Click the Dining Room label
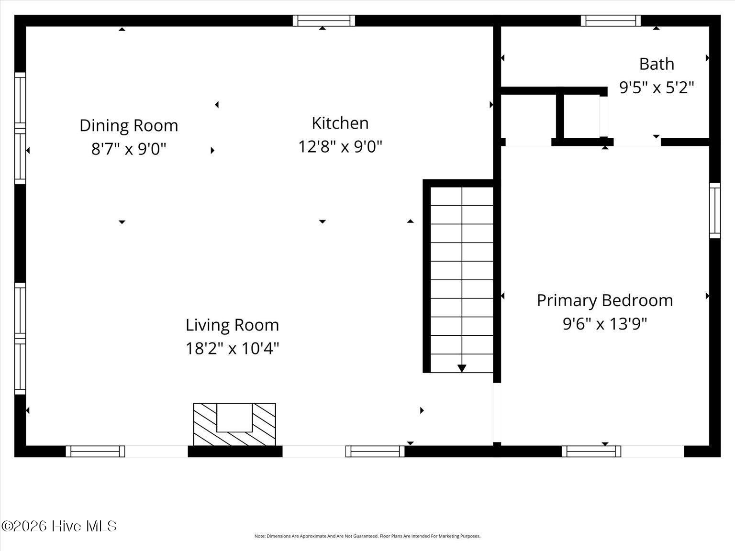pos(129,125)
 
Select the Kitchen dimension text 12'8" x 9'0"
pos(340,146)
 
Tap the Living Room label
pos(232,325)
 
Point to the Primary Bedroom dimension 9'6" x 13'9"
pos(605,324)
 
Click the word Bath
pos(657,64)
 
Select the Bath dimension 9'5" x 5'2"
pos(657,88)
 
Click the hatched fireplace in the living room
pos(234,425)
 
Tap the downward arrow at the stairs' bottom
pos(462,368)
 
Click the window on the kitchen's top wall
pos(324,21)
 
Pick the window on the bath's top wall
pos(611,21)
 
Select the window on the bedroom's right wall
pos(714,210)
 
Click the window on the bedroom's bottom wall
pos(591,451)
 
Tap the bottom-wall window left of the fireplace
pos(95,451)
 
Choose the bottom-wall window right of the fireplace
pos(375,451)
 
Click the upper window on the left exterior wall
pos(20,128)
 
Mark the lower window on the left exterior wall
pos(20,339)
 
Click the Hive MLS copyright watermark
pos(59,526)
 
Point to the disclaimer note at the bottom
pos(367,536)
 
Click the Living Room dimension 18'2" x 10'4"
pos(232,348)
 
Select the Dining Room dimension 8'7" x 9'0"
pos(129,149)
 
